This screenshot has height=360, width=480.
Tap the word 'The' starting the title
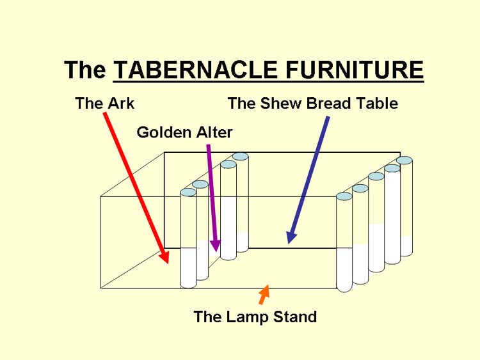pyautogui.click(x=84, y=70)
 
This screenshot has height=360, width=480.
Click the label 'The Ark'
pyautogui.click(x=105, y=103)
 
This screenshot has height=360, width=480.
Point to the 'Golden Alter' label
pyautogui.click(x=184, y=132)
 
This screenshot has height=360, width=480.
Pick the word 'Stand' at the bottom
pyautogui.click(x=295, y=317)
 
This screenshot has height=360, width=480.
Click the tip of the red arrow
pyautogui.click(x=168, y=263)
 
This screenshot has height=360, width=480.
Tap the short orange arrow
pyautogui.click(x=264, y=295)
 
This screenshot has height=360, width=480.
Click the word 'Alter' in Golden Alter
pyautogui.click(x=214, y=132)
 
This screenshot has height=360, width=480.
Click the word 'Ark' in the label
pyautogui.click(x=122, y=103)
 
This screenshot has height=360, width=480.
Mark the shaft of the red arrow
pyautogui.click(x=134, y=183)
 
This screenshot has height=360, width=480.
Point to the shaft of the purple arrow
pyautogui.click(x=212, y=192)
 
